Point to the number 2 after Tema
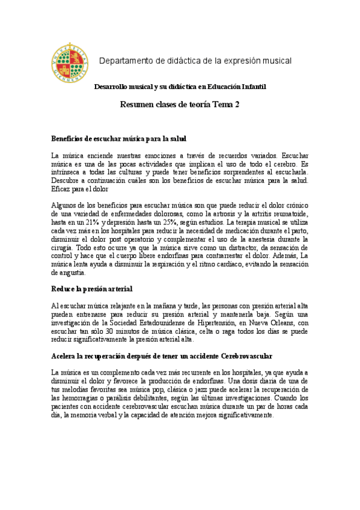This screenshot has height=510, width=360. pyautogui.click(x=237, y=104)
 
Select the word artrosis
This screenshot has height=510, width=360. pyautogui.click(x=228, y=214)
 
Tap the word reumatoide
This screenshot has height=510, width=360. pyautogui.click(x=290, y=214)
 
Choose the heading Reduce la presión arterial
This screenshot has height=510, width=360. pyautogui.click(x=92, y=289)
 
